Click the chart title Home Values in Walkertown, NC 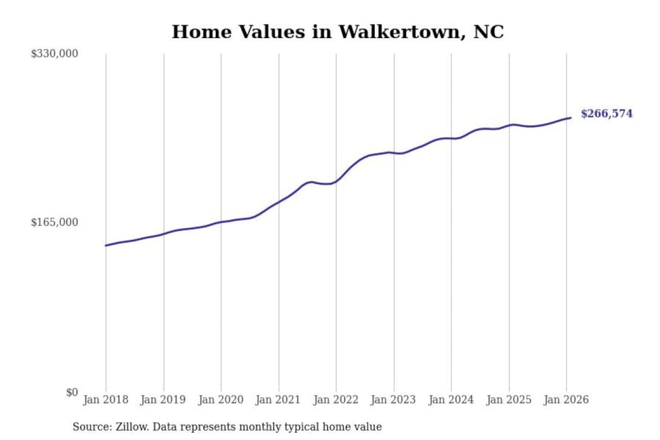(x=338, y=32)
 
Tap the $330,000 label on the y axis (x=55, y=54)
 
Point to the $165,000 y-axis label (x=55, y=222)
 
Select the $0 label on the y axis (x=72, y=392)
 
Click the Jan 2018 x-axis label (x=105, y=400)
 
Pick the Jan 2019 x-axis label (x=163, y=400)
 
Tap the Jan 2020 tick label (x=220, y=400)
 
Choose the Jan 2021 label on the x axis (x=278, y=400)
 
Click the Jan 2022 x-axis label (x=335, y=400)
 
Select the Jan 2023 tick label (x=393, y=400)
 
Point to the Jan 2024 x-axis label (x=451, y=400)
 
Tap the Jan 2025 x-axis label (x=508, y=400)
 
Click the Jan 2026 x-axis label (x=566, y=400)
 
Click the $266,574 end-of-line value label (x=606, y=114)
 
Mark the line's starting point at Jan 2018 (x=106, y=246)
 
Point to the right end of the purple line (x=571, y=118)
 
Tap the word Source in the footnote (x=91, y=427)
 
